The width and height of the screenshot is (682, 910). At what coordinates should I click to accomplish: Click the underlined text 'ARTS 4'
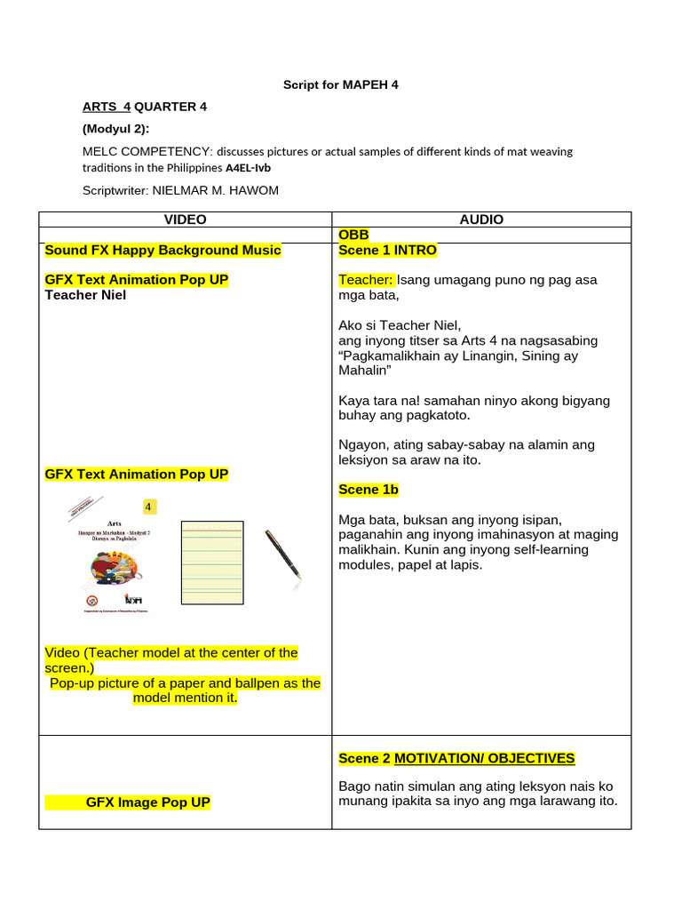107,107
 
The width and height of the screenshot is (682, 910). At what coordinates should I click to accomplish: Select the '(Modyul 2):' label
115,128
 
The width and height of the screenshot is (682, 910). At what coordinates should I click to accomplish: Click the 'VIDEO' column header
185,220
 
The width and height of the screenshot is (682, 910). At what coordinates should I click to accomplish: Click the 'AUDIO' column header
481,220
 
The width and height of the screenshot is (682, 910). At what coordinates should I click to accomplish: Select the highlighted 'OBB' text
353,235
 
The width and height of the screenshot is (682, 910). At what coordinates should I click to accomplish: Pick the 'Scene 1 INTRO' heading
387,251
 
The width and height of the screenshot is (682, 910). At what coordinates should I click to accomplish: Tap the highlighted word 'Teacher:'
366,280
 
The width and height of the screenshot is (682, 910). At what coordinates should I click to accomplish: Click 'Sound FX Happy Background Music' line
163,251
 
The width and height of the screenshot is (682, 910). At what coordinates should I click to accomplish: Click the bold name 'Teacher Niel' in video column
85,295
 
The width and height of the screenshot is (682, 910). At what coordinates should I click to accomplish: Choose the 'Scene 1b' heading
369,490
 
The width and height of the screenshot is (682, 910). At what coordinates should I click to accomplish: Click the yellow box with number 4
149,507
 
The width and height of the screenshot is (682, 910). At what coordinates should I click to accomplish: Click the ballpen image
282,554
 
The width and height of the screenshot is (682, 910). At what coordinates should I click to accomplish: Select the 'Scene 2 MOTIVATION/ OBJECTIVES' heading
456,758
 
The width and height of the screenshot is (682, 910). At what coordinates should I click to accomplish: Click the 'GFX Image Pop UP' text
147,802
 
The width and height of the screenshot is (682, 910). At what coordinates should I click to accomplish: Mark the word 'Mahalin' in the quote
364,371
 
